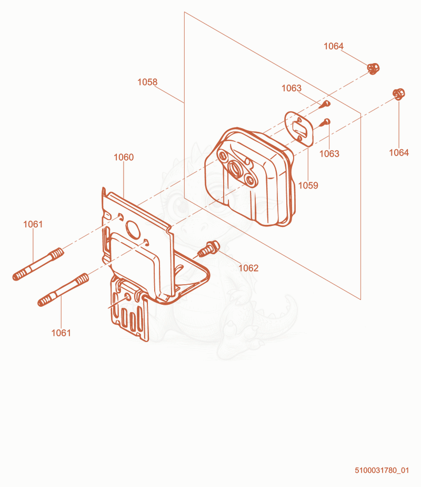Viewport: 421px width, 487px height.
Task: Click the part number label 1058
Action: click(147, 82)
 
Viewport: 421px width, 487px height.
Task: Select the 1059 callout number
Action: click(308, 185)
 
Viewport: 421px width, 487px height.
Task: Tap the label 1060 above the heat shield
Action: click(124, 157)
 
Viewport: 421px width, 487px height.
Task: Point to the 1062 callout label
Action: click(248, 268)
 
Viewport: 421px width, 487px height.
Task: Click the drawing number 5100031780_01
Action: click(382, 470)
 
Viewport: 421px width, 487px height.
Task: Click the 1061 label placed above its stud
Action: click(33, 224)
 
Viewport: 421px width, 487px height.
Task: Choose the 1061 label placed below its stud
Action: click(61, 333)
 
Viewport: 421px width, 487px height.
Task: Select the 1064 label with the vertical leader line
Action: click(399, 152)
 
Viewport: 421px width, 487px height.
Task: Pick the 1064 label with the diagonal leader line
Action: click(334, 46)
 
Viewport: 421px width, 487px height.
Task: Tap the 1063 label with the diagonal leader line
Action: click(292, 88)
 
